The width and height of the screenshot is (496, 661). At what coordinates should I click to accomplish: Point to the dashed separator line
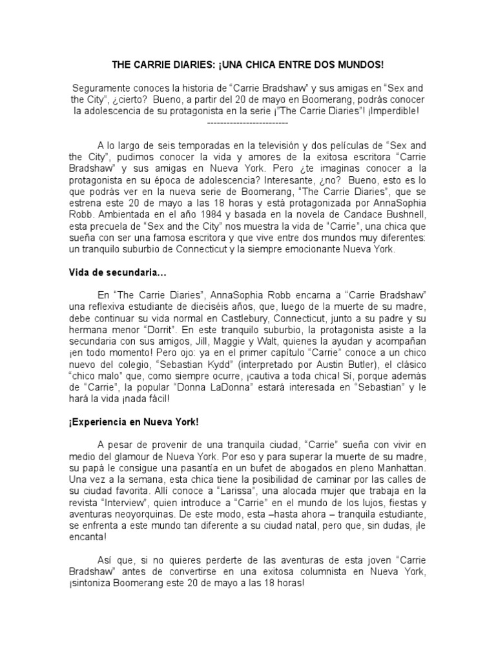247,122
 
